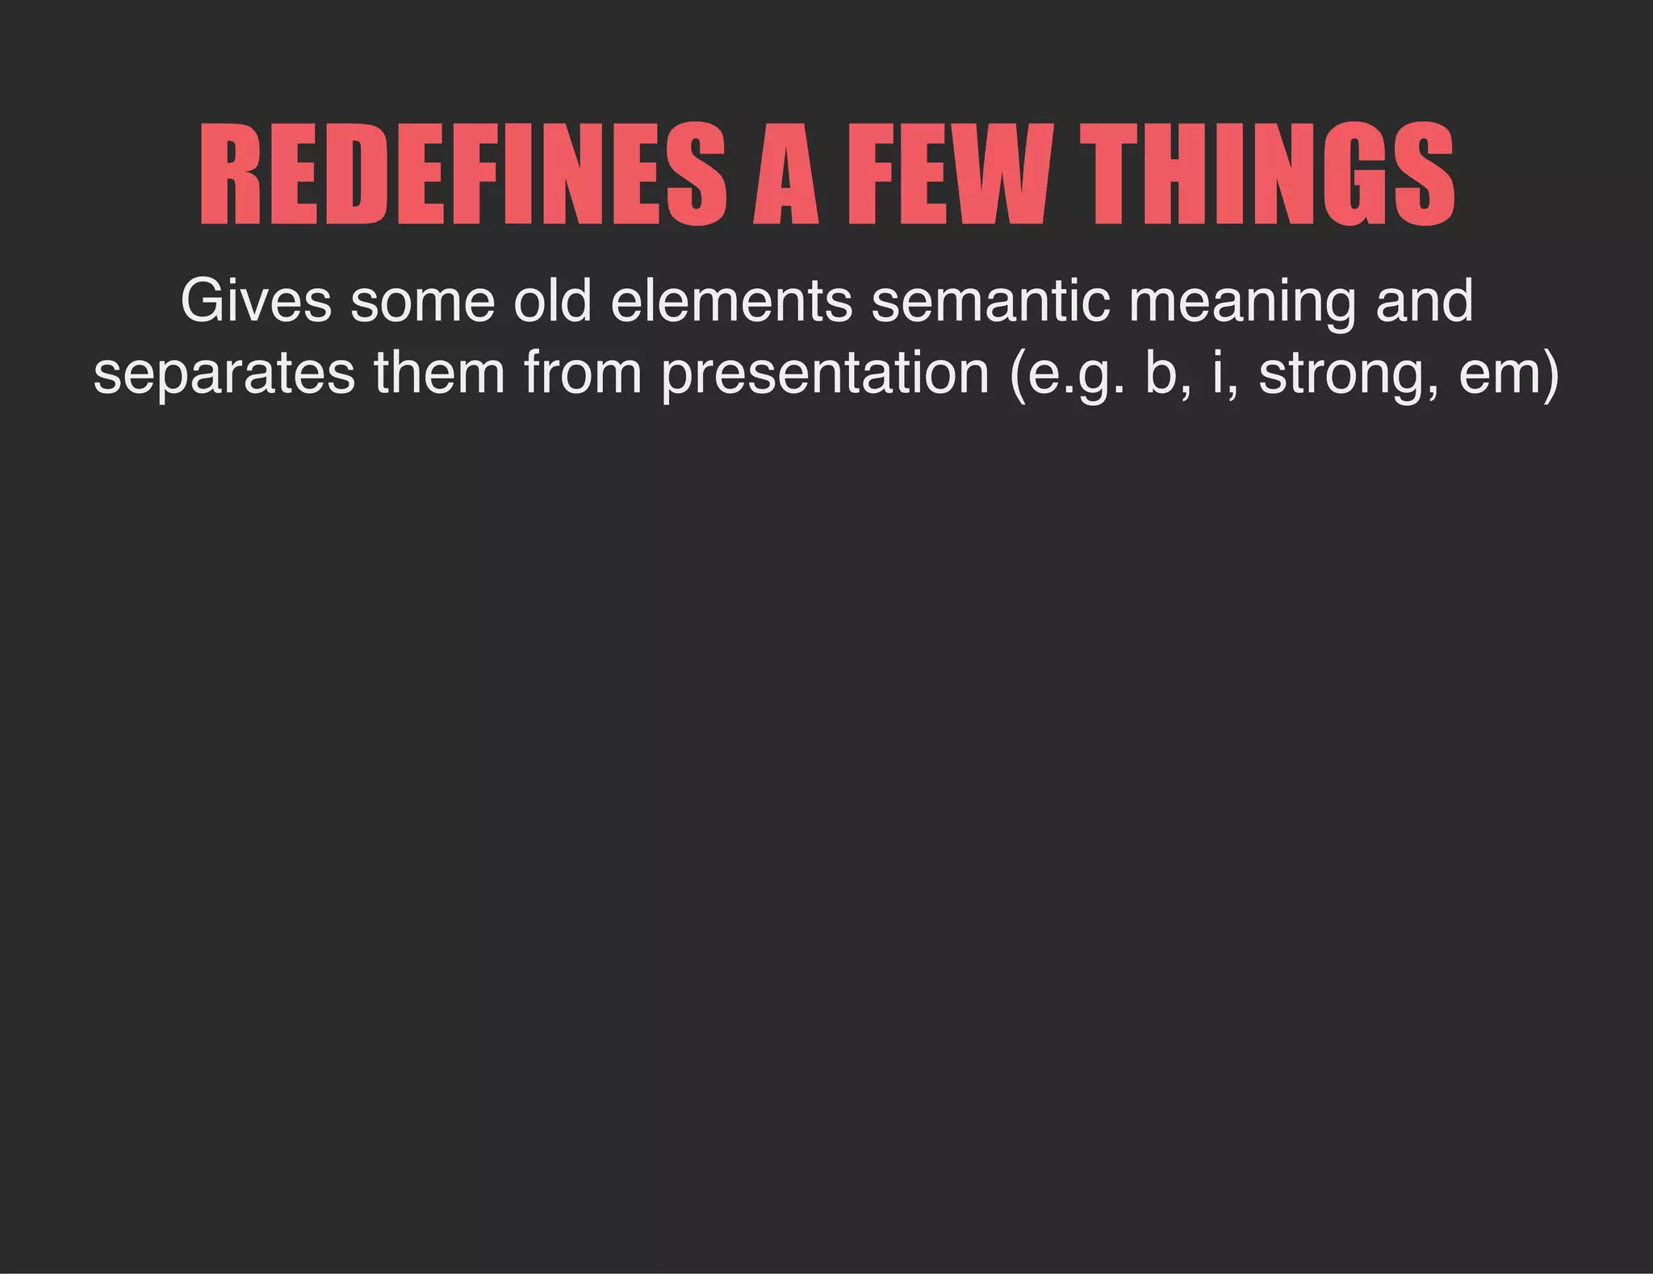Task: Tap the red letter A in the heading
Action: pyautogui.click(x=785, y=175)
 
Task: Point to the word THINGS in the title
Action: pyautogui.click(x=1268, y=175)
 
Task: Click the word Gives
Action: pyautogui.click(x=256, y=301)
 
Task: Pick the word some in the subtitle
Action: pyautogui.click(x=422, y=301)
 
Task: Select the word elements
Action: pyautogui.click(x=731, y=301)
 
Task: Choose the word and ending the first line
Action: pyautogui.click(x=1424, y=301)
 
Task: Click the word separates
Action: pyautogui.click(x=224, y=374)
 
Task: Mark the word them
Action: pyautogui.click(x=439, y=373)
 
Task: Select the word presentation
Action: pyautogui.click(x=825, y=374)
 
